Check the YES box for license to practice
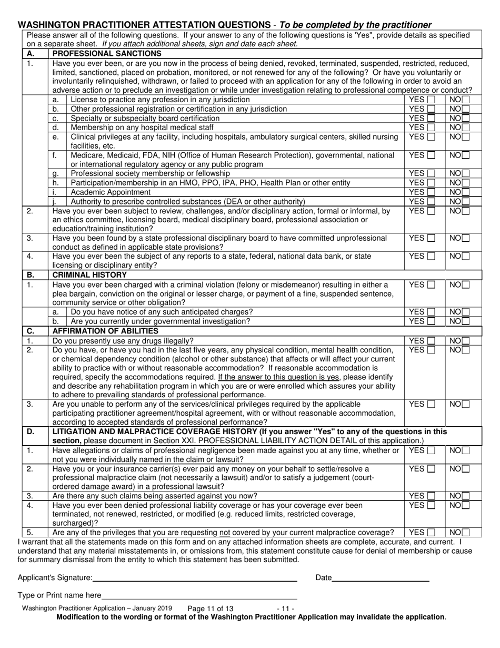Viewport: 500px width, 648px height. click(x=431, y=100)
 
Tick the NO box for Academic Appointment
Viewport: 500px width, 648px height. click(x=466, y=192)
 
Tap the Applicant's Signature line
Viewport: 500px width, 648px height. click(x=195, y=578)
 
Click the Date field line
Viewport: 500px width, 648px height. click(x=381, y=578)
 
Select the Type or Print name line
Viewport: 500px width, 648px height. click(x=199, y=595)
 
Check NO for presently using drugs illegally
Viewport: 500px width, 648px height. click(x=466, y=341)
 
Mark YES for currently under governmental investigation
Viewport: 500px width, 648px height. click(x=431, y=321)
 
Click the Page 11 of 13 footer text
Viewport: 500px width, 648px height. click(x=210, y=608)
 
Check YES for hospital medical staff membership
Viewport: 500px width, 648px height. click(x=431, y=127)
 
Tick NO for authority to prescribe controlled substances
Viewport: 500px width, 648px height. click(x=466, y=202)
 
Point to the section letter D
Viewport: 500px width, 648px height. click(x=30, y=431)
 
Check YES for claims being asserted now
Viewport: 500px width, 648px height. click(x=431, y=496)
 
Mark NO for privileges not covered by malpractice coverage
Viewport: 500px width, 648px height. click(x=466, y=532)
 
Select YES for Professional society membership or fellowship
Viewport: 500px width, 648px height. click(x=431, y=173)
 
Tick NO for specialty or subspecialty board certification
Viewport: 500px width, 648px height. click(x=466, y=118)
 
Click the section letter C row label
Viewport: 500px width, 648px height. click(x=30, y=331)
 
